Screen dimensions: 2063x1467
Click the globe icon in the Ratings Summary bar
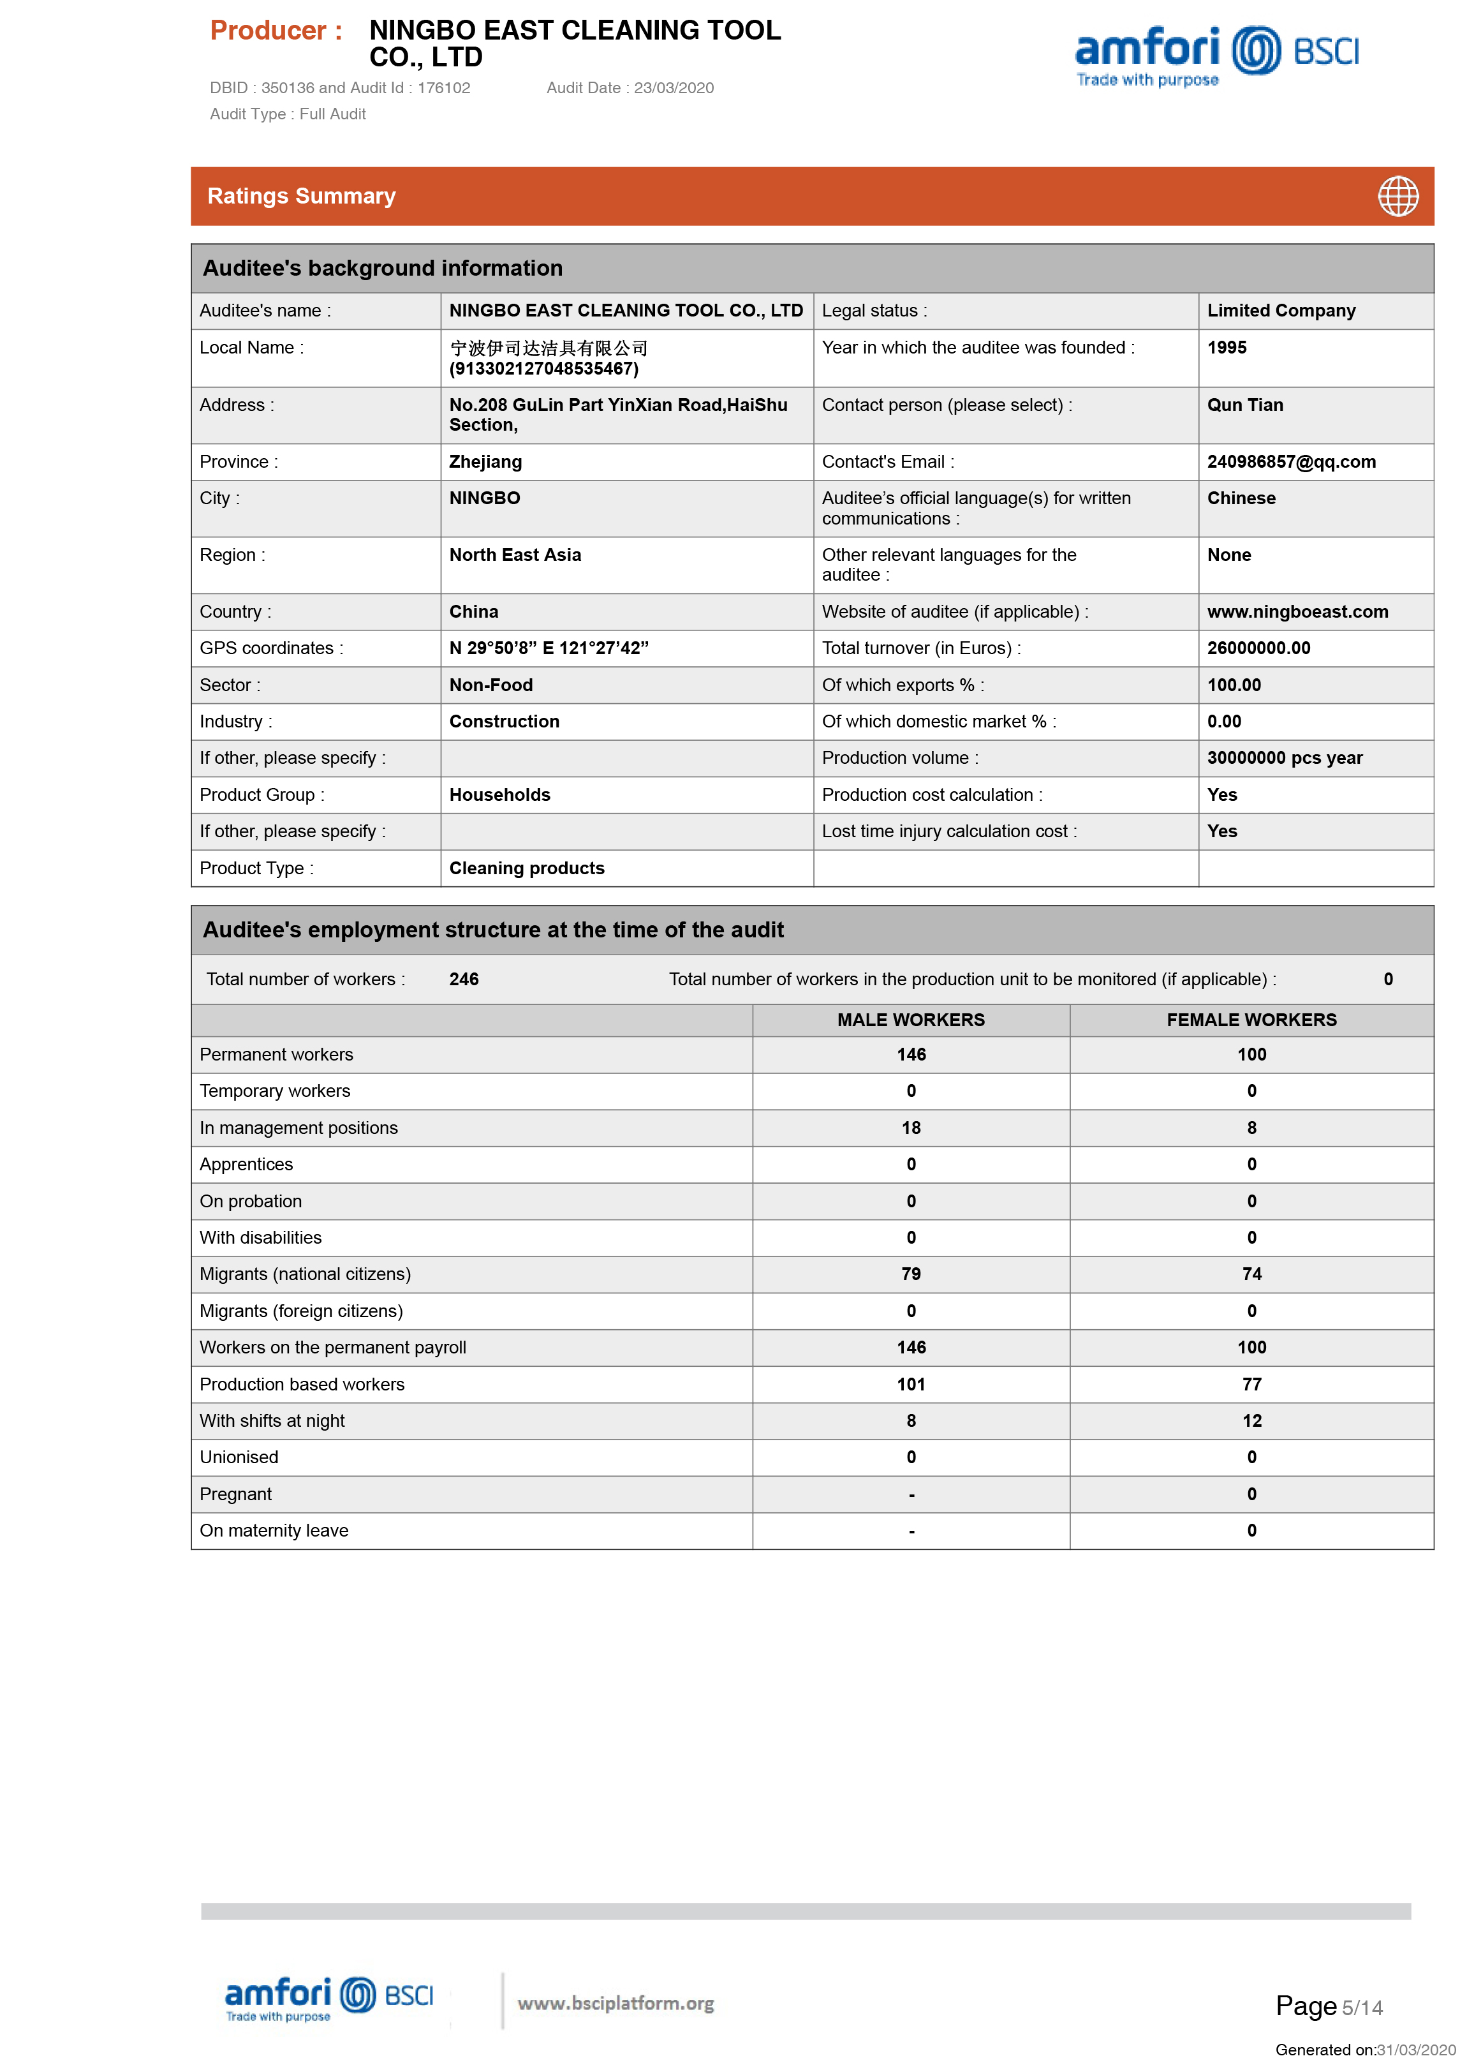point(1397,196)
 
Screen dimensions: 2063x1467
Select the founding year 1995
point(1226,348)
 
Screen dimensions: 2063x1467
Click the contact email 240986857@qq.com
point(1291,462)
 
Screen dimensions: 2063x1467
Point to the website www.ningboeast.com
point(1297,612)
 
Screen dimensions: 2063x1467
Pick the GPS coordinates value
point(549,648)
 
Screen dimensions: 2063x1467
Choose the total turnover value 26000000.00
point(1258,648)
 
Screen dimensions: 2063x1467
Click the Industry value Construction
point(504,721)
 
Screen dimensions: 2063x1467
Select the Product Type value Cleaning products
point(527,868)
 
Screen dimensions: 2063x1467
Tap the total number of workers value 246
point(464,979)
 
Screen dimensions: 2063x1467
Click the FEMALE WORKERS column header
point(1251,1020)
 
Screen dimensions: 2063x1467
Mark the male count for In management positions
point(911,1128)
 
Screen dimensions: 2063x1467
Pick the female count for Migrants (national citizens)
point(1251,1274)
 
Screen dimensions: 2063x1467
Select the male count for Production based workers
point(911,1384)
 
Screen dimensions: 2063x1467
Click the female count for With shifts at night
point(1251,1420)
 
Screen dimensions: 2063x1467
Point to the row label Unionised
point(239,1457)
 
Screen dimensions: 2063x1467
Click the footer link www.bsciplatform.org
point(615,2004)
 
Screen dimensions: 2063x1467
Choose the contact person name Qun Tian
point(1245,405)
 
